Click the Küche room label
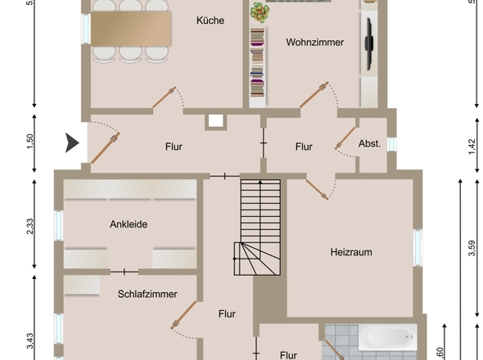coord(210,20)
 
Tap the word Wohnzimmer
coord(315,43)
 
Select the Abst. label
coord(370,143)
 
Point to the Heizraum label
coord(351,252)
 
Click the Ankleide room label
coord(129,224)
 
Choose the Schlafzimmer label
coord(147,294)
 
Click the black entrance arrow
coord(72,143)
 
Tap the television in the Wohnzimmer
coord(369,44)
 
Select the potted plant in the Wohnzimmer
coord(260,12)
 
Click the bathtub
coord(387,337)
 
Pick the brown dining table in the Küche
coord(131,29)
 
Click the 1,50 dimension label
coord(30,142)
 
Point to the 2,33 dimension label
coord(30,227)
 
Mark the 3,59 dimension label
coord(472,248)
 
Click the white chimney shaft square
coord(215,121)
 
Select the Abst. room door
coord(345,138)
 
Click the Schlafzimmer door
coord(183,315)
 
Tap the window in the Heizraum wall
coord(418,248)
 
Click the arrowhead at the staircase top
coord(260,182)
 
